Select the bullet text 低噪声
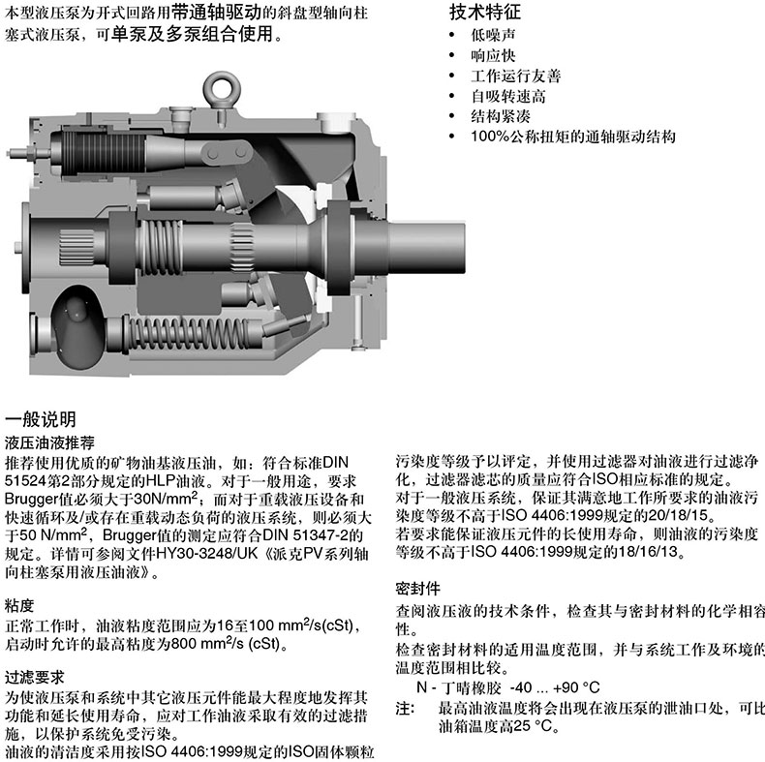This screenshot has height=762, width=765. tap(492, 35)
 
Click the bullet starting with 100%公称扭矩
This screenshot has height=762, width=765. tap(572, 137)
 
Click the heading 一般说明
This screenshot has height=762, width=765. tap(40, 419)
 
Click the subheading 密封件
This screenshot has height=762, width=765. tap(418, 589)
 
